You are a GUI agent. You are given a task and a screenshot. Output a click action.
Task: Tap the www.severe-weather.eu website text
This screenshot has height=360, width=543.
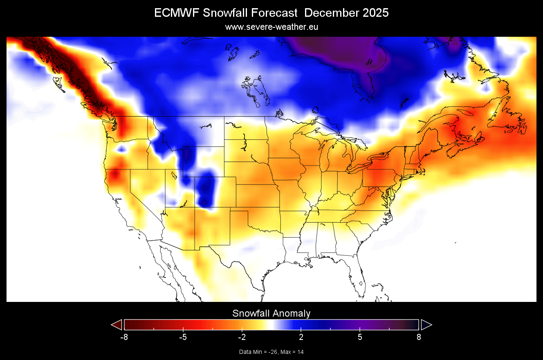(271, 27)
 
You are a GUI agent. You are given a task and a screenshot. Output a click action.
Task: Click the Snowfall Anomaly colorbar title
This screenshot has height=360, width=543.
(271, 313)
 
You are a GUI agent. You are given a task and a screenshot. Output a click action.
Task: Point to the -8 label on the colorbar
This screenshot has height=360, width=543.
(124, 337)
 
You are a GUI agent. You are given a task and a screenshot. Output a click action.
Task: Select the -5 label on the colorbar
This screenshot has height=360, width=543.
(183, 337)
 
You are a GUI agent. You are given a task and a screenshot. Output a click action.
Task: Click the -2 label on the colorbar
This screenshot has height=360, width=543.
(242, 337)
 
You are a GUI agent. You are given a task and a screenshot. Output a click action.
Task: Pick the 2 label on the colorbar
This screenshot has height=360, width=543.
(301, 337)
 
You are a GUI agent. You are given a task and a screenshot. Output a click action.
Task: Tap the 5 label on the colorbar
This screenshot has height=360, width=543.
(360, 337)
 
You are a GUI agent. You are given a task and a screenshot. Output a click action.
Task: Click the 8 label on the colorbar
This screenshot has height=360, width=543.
(419, 337)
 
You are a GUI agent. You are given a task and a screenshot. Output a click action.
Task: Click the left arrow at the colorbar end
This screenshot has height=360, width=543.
(117, 325)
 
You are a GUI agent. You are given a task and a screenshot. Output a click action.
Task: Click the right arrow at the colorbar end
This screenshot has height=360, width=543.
(426, 325)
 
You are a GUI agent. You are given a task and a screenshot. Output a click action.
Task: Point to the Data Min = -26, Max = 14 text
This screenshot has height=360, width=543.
(271, 352)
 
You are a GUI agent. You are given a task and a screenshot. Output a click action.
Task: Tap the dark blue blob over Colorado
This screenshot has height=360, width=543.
(206, 189)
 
